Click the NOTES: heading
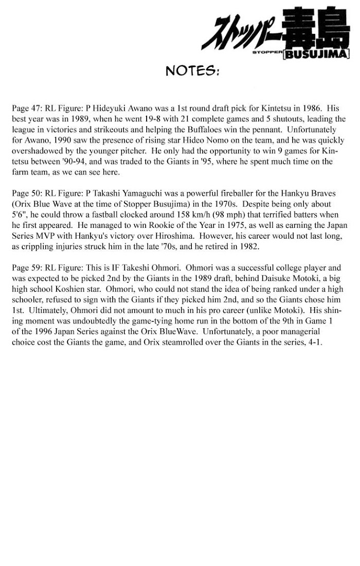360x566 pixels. pos(193,70)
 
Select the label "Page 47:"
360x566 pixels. pos(27,109)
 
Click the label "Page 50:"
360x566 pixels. pos(27,193)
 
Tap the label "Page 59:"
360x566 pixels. pos(27,268)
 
